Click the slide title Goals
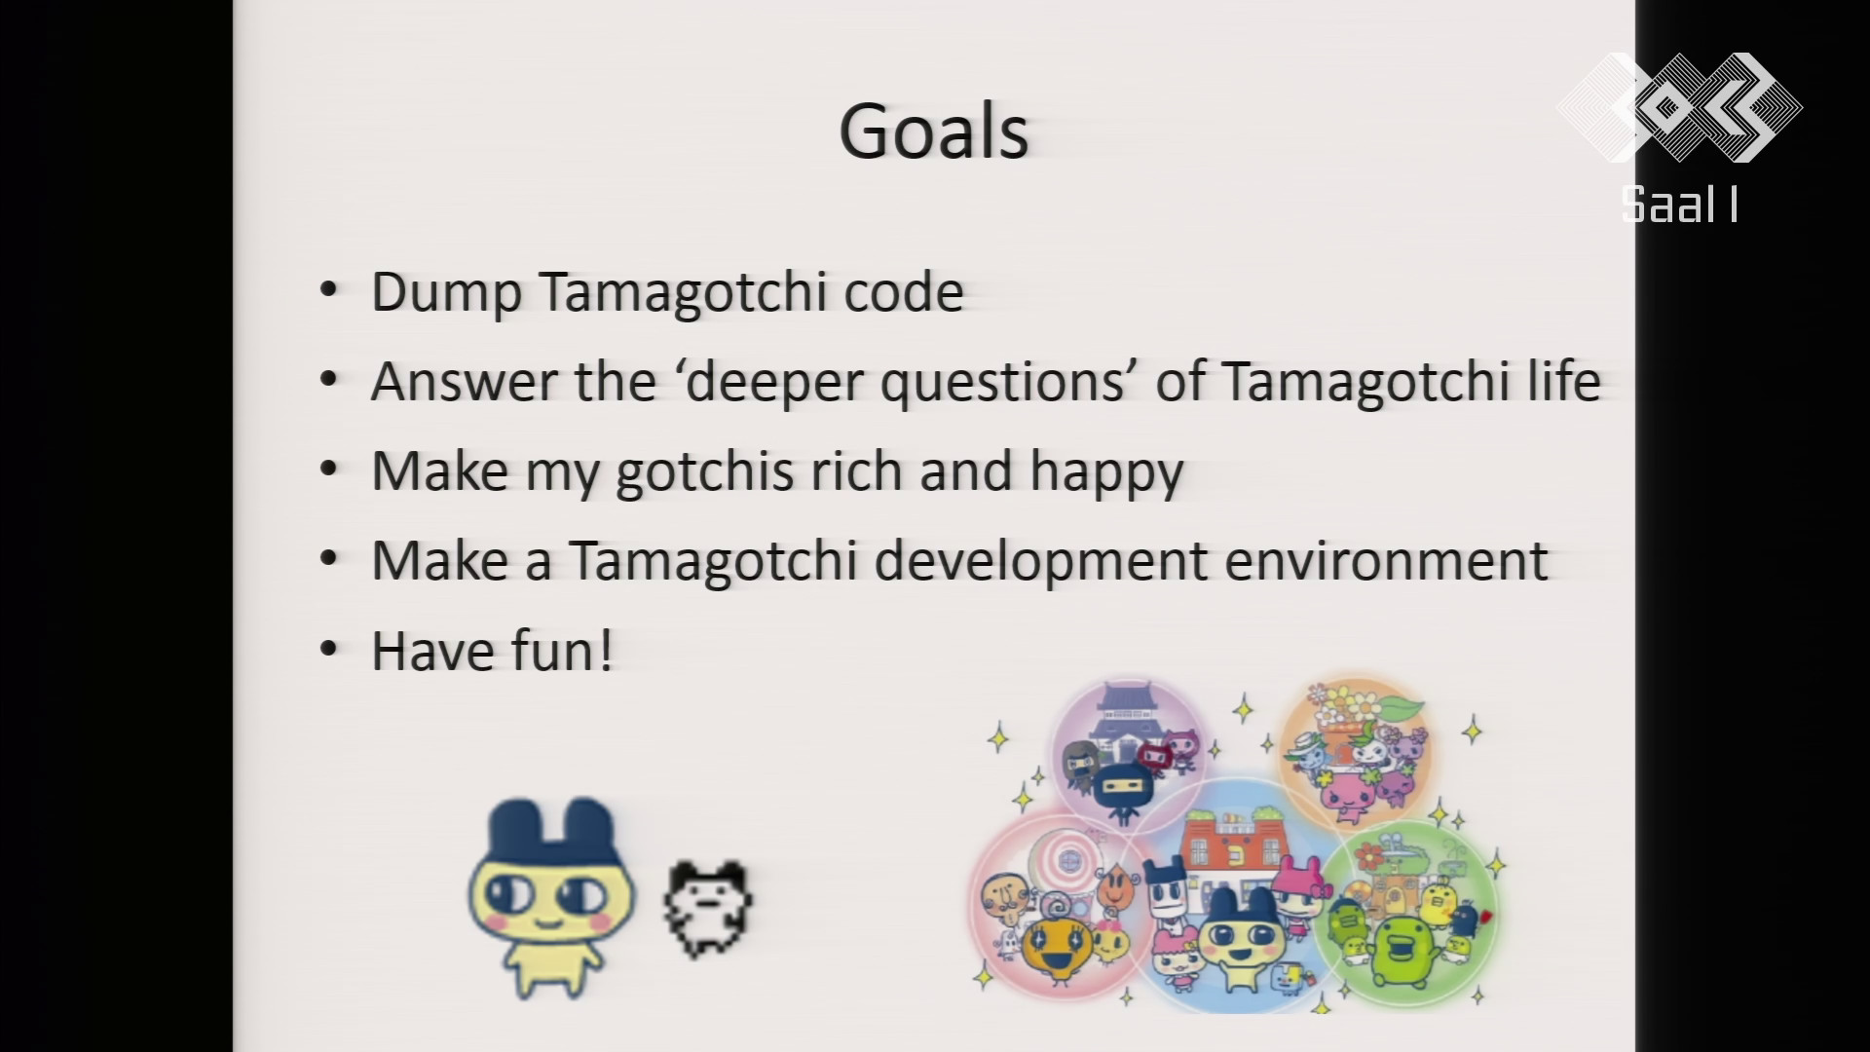tap(933, 132)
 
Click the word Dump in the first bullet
tap(445, 292)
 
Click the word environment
tap(1386, 561)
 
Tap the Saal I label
tap(1679, 205)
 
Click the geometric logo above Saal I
tap(1679, 107)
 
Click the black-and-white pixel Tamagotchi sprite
tap(708, 909)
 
